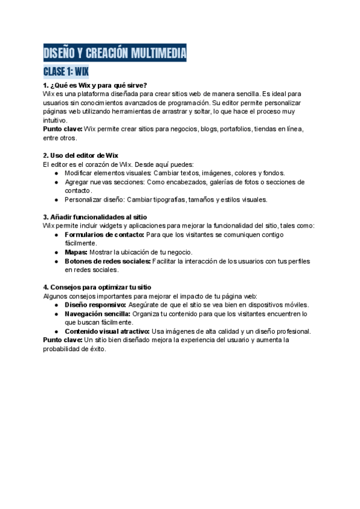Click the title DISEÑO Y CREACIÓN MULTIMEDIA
pos(114,53)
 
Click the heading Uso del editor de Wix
pos(80,155)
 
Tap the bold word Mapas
pos(76,252)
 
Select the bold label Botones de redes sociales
pos(107,261)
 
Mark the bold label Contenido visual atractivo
pos(107,331)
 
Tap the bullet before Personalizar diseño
pos(56,200)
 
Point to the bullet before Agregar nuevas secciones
pos(56,182)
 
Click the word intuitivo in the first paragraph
pos(55,120)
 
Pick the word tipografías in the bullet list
pos(176,200)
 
